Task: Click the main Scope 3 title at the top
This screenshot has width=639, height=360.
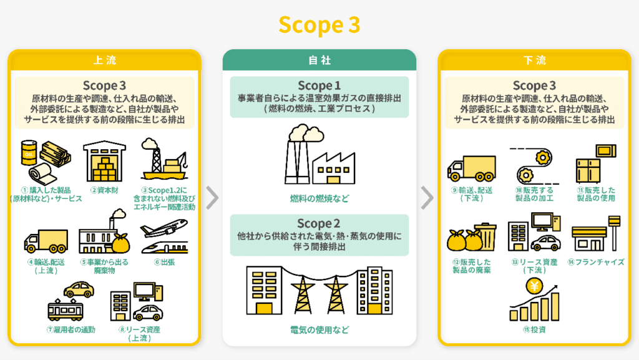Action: click(x=319, y=24)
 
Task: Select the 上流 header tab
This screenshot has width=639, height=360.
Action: click(x=104, y=61)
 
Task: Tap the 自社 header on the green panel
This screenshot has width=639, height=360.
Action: click(x=319, y=61)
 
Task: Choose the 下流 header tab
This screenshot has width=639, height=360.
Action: click(x=534, y=61)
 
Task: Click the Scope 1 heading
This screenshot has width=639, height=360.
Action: click(x=319, y=85)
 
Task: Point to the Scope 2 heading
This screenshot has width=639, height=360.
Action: click(x=319, y=223)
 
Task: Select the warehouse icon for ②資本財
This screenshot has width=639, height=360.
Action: click(x=104, y=160)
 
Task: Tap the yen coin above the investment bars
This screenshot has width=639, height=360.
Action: click(x=534, y=286)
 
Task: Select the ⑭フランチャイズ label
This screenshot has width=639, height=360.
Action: click(x=596, y=262)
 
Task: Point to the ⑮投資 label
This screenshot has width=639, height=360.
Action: click(x=534, y=329)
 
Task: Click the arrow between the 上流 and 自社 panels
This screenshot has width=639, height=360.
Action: click(x=212, y=198)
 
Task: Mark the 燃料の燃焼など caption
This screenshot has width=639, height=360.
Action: click(x=319, y=198)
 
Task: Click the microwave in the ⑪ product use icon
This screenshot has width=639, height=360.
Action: click(x=605, y=151)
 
